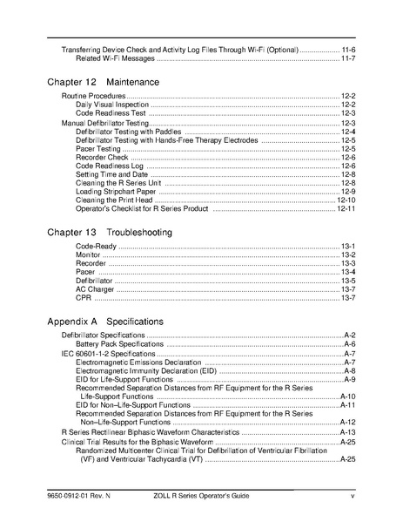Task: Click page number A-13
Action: [346, 432]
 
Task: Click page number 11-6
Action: [346, 49]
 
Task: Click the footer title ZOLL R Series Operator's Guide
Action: [204, 496]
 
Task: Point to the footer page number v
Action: [352, 496]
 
